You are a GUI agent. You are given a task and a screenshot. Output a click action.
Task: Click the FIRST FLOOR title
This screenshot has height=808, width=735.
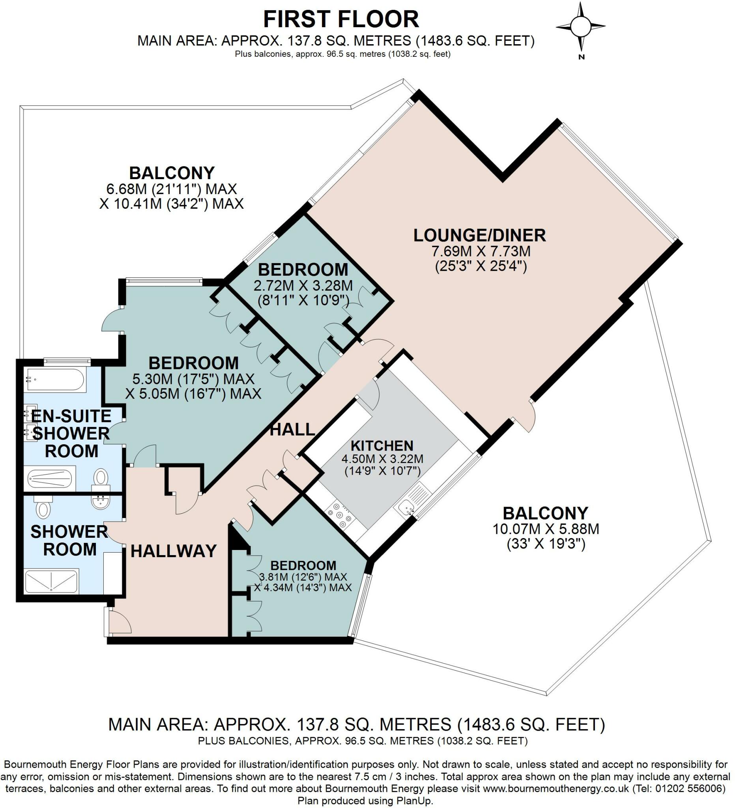341,19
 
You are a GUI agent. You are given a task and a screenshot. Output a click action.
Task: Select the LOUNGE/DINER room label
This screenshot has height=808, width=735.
480,235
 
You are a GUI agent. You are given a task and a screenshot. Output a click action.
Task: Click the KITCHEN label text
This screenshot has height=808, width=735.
382,446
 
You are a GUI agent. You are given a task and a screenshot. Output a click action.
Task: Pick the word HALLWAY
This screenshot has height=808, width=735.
174,551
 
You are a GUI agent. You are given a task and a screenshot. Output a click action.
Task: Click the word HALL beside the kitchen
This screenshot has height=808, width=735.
293,430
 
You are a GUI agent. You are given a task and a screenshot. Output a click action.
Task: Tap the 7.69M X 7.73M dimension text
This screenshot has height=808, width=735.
481,251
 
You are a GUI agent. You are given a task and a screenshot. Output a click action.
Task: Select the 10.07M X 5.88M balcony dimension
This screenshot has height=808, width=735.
546,529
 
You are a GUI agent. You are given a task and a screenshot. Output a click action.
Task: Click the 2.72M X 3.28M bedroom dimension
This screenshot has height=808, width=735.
303,286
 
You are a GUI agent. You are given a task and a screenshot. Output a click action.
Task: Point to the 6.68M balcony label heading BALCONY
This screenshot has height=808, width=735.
172,173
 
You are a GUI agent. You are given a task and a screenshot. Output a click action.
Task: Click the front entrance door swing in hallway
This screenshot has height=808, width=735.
120,622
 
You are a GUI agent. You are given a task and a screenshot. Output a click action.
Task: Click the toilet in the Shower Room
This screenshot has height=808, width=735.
43,509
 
